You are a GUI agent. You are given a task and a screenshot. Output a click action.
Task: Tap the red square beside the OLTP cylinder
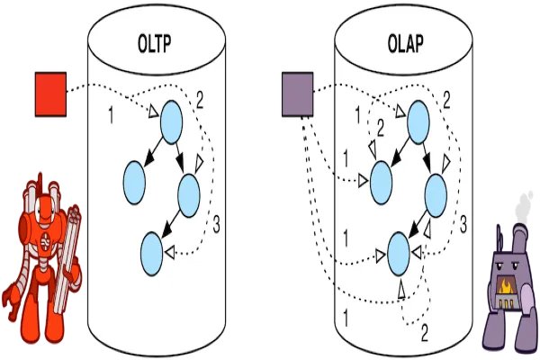click(x=51, y=94)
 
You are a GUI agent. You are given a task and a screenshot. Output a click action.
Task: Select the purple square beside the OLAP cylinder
click(x=296, y=94)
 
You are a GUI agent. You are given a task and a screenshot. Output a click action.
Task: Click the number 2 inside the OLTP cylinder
click(x=200, y=100)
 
